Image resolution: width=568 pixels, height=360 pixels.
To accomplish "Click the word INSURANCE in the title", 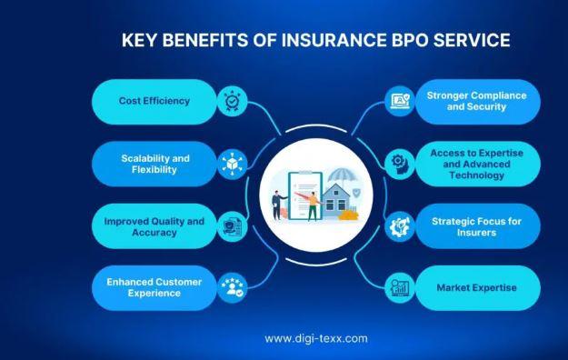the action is [x=334, y=40].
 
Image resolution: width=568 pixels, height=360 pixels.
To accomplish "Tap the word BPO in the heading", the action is [x=410, y=40].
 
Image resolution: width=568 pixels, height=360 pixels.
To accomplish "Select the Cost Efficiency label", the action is [x=154, y=101].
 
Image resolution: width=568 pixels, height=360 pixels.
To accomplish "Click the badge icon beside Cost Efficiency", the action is [x=233, y=101].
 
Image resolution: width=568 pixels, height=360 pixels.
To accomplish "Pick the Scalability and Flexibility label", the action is [x=155, y=164].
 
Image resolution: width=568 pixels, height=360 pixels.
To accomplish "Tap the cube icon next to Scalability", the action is [x=233, y=165].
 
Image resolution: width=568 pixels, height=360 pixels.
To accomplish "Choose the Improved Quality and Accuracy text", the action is [x=154, y=227].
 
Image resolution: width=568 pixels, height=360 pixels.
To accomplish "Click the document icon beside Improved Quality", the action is [x=233, y=227].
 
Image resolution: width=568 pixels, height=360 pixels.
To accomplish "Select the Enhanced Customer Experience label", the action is [x=154, y=287].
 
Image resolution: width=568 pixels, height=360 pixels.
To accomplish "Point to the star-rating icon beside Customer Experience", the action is [x=233, y=287].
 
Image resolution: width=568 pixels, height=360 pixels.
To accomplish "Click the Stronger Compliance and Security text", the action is [x=477, y=101].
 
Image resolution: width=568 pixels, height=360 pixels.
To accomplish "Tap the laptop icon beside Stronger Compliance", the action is [x=400, y=101].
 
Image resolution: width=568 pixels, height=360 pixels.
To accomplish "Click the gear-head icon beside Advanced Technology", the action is [x=400, y=165].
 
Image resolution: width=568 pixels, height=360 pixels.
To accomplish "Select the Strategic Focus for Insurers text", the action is [x=477, y=227].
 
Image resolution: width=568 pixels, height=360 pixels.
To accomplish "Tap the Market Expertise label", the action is [x=477, y=288].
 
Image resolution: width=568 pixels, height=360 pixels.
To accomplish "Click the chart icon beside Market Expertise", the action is [x=400, y=288].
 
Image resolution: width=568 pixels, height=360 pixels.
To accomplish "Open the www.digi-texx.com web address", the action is [x=316, y=338].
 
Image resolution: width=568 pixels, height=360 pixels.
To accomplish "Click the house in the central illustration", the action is [x=335, y=201].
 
